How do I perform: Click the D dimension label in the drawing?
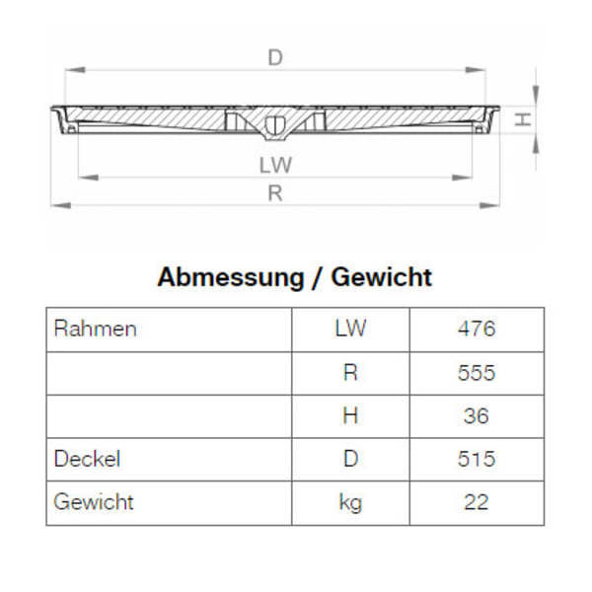tap(275, 58)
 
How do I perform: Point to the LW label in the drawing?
tap(275, 165)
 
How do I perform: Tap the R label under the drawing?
tap(275, 193)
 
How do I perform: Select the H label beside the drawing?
tap(524, 119)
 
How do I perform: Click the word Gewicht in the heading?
tap(381, 277)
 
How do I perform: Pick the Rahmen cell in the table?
tap(95, 329)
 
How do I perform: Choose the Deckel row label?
tap(89, 459)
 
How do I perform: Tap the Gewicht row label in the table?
tap(94, 502)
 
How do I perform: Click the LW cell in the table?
tap(350, 329)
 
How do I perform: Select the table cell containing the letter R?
tap(350, 373)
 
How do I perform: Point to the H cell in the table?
tap(350, 415)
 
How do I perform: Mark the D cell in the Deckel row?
tap(350, 459)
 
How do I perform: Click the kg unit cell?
tap(350, 503)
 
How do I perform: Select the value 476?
tap(476, 329)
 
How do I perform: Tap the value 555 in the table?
tap(476, 373)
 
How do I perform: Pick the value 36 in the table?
tap(476, 415)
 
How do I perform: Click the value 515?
tap(476, 459)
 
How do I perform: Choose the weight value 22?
tap(476, 502)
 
